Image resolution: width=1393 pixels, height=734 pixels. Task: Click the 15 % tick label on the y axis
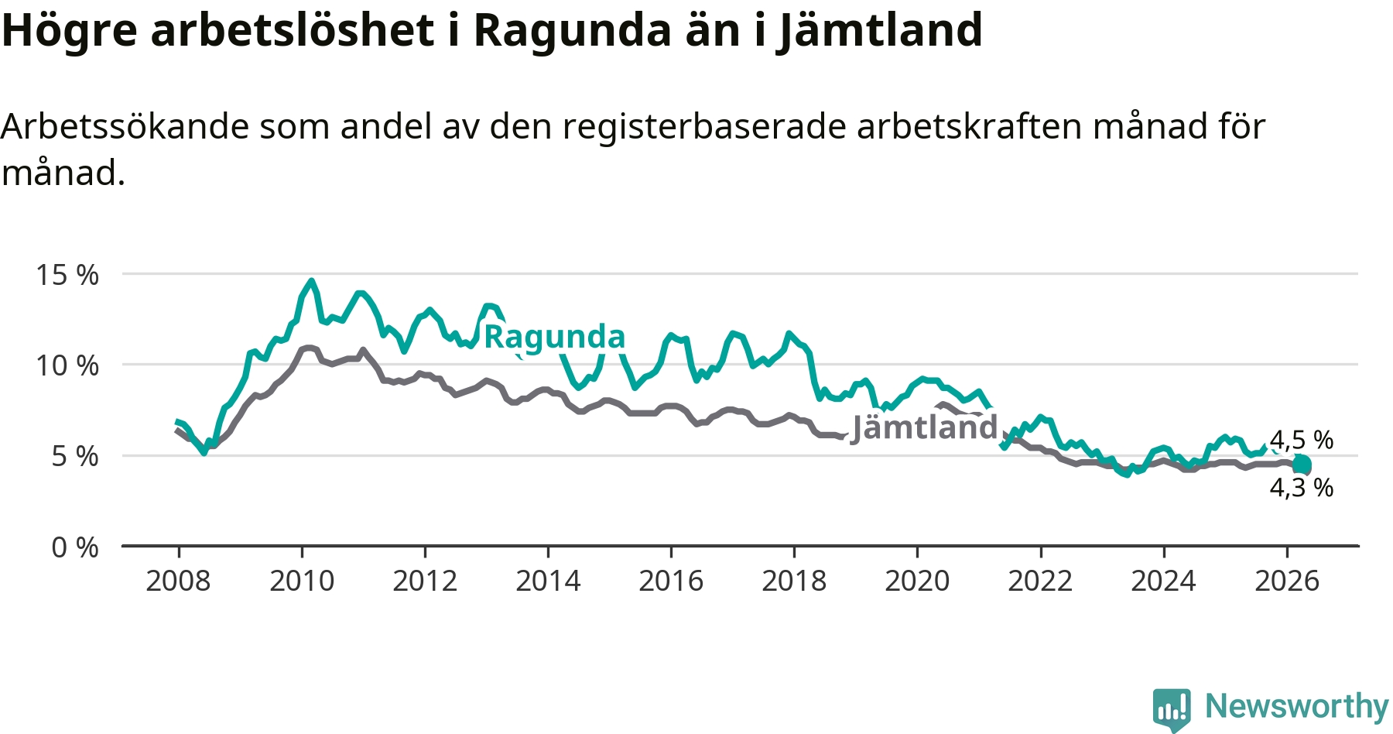(x=67, y=275)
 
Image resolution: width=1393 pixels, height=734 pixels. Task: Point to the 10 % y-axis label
(x=67, y=365)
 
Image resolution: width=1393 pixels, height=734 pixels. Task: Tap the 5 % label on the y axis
(x=75, y=456)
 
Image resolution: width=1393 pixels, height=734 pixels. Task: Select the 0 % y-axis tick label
(x=75, y=547)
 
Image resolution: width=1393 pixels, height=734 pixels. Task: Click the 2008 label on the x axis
(x=178, y=581)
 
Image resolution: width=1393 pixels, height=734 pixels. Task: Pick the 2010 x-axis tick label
(x=302, y=581)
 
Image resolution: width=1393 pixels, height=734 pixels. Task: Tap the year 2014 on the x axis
(x=548, y=581)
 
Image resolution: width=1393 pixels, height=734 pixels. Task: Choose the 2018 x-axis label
(x=794, y=581)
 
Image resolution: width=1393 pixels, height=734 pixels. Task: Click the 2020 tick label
(x=917, y=581)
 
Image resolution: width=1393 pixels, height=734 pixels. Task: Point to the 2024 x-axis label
(x=1163, y=581)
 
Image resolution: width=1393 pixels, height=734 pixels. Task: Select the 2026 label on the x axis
(x=1286, y=581)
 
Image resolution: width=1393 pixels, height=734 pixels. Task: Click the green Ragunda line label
(x=554, y=337)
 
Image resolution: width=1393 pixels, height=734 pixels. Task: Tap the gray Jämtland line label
(x=925, y=427)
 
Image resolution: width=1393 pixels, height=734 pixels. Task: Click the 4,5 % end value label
(x=1302, y=440)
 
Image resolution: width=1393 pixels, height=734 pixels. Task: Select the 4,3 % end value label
(x=1302, y=488)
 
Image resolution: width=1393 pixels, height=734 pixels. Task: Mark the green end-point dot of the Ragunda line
(x=1302, y=465)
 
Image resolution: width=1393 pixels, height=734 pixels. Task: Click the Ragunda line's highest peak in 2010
(x=311, y=281)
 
